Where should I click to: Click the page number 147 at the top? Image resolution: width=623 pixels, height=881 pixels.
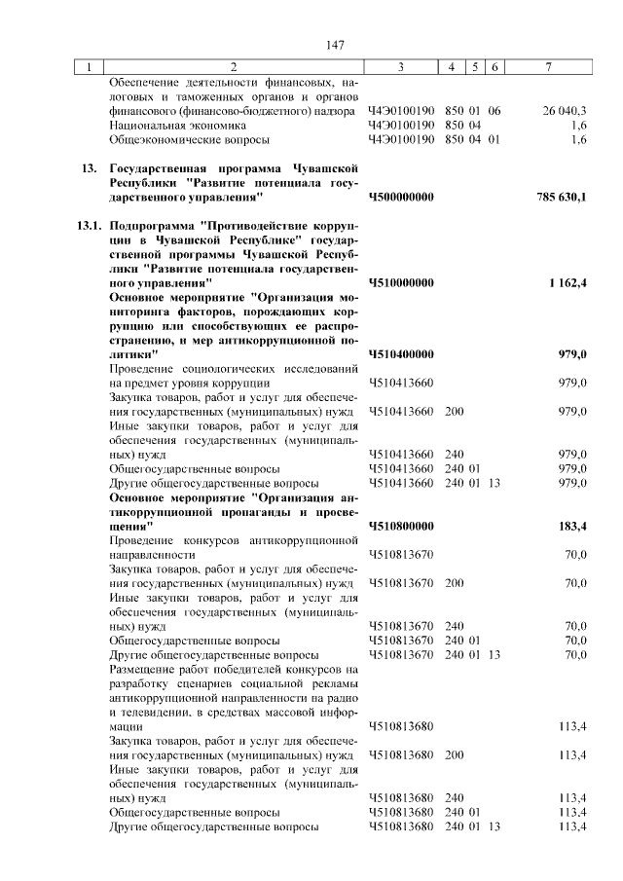336,45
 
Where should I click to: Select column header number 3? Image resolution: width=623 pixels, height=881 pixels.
400,67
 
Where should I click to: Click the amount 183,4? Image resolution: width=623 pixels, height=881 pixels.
571,526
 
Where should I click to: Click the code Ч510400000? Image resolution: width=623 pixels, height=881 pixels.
401,354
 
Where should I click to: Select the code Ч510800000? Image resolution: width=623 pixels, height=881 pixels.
401,526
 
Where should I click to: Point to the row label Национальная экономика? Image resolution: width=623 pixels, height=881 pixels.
165,126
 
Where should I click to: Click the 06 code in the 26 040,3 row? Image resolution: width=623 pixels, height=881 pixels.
495,111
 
